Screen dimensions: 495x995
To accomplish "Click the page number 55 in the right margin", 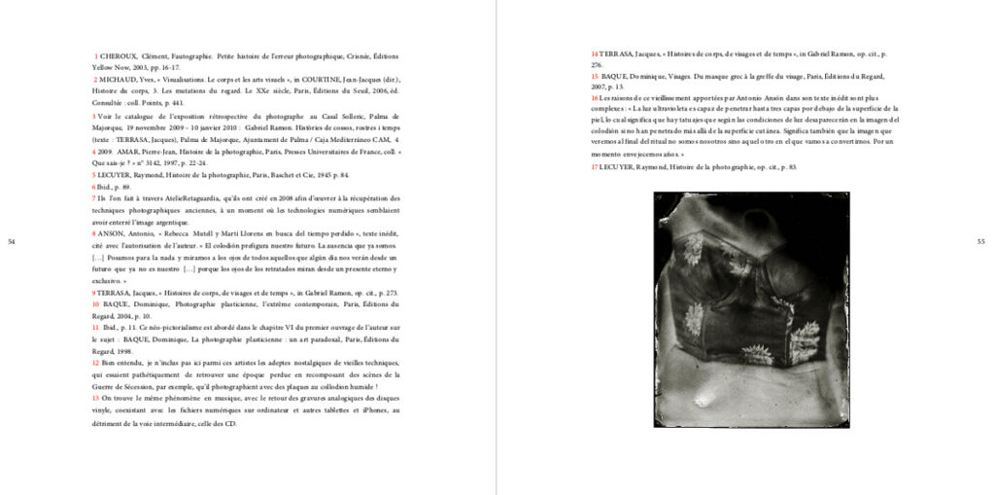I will click(x=980, y=241).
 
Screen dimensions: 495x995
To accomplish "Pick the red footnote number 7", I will click(x=94, y=198).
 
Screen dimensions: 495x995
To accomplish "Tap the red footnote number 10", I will click(x=96, y=304).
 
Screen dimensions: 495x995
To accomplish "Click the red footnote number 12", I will click(x=96, y=363).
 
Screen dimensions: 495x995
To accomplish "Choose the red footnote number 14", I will click(x=595, y=53).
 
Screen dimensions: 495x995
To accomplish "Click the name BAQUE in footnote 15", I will click(x=616, y=76).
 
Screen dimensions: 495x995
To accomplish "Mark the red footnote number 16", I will click(x=595, y=98).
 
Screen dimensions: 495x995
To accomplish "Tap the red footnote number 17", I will click(x=595, y=167).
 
